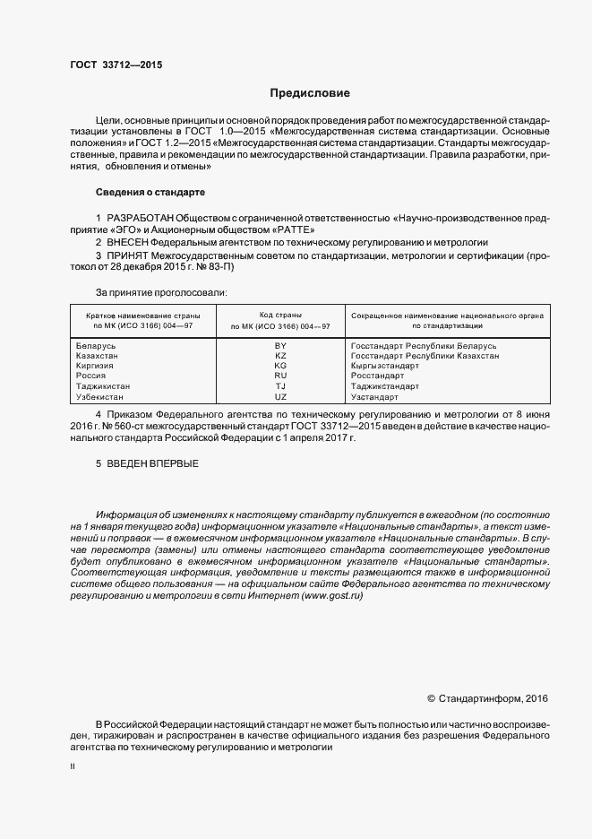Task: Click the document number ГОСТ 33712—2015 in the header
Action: (116, 65)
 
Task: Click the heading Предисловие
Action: (310, 93)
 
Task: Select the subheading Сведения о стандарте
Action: (150, 193)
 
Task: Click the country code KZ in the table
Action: (280, 356)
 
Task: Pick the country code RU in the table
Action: (280, 376)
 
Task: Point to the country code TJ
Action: (280, 385)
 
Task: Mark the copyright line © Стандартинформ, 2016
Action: (486, 698)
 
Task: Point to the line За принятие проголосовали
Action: (161, 292)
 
